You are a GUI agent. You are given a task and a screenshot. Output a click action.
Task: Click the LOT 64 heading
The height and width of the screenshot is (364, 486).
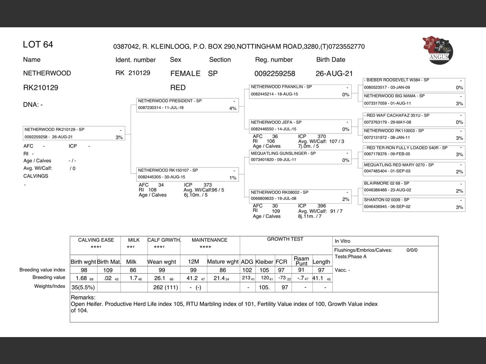click(38, 45)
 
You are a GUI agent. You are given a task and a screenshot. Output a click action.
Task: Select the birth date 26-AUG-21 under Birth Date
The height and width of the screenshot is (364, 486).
click(334, 74)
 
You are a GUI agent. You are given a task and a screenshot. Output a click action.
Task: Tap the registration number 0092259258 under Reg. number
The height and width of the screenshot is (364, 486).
click(275, 74)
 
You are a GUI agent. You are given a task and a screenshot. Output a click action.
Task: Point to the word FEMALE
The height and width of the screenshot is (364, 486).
click(185, 74)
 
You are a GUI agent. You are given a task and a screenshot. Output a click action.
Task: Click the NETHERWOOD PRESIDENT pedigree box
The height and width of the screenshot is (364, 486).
click(187, 105)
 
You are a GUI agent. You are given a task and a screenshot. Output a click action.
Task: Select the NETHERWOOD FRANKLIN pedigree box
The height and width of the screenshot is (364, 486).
click(300, 91)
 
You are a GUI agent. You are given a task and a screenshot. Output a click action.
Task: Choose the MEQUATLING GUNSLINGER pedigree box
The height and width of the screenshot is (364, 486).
click(300, 157)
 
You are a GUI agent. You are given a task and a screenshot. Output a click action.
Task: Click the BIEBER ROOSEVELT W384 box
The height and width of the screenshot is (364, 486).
click(413, 84)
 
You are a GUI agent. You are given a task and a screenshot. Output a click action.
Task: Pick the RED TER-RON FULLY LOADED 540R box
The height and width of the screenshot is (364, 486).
click(413, 151)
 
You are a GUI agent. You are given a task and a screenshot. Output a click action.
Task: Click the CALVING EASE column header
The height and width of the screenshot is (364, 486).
click(96, 240)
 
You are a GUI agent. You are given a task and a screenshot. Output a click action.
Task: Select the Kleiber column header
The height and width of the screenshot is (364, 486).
click(264, 262)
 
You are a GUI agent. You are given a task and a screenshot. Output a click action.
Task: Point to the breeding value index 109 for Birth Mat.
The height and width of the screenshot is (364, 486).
click(108, 270)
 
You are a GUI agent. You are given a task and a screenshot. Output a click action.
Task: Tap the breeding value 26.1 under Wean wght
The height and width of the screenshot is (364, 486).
click(159, 278)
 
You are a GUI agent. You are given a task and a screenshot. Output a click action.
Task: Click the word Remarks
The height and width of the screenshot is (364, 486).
click(83, 298)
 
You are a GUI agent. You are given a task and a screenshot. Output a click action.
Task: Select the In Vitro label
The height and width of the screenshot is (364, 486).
click(342, 241)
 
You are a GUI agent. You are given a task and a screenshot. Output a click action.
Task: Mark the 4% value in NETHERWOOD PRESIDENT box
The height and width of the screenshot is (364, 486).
click(233, 108)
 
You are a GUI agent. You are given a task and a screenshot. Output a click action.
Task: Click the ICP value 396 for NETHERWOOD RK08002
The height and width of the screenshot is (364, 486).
click(322, 206)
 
